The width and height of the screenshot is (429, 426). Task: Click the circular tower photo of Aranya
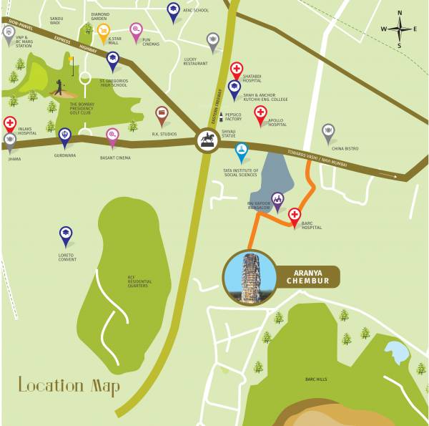(247, 277)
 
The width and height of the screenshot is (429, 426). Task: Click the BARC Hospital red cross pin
(294, 215)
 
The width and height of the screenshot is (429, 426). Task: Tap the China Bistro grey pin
(328, 132)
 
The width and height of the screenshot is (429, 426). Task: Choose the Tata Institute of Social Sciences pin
(242, 150)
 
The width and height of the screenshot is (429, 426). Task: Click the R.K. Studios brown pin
(162, 114)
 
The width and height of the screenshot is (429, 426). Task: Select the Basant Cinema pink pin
(112, 135)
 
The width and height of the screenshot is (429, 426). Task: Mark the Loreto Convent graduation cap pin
(66, 234)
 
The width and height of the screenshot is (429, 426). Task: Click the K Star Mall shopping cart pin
(104, 32)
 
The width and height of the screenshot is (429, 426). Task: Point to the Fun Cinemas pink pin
(136, 30)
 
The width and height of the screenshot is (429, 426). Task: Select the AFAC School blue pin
(173, 10)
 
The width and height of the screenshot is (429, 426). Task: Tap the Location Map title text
(69, 387)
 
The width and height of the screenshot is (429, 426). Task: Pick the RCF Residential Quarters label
(139, 281)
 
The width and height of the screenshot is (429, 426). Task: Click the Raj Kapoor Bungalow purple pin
(277, 199)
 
